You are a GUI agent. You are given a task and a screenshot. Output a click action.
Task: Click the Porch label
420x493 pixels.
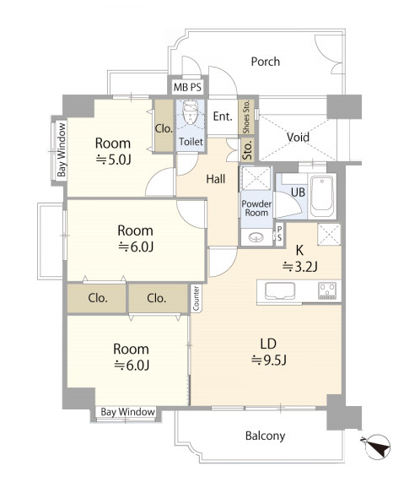265,62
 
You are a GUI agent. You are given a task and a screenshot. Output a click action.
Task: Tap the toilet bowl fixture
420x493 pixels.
190,112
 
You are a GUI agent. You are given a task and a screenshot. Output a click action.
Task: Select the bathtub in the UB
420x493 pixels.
322,196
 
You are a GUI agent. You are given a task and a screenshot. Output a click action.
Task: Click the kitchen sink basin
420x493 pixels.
280,291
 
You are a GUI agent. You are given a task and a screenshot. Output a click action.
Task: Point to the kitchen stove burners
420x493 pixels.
327,290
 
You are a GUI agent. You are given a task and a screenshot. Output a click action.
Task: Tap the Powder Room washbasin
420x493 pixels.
256,237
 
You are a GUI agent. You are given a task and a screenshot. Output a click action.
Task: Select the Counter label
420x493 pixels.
196,298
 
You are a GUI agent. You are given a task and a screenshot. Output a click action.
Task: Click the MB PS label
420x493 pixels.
187,87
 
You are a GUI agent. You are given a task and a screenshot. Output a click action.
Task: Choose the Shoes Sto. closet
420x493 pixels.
246,116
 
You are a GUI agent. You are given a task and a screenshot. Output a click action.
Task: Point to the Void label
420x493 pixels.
298,137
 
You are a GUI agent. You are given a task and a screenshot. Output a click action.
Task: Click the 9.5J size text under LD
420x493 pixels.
269,360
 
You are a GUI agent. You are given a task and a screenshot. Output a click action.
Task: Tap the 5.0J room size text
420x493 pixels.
113,160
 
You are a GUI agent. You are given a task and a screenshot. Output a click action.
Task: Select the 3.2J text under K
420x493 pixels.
300,267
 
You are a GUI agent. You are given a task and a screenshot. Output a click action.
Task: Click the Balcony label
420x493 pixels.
265,436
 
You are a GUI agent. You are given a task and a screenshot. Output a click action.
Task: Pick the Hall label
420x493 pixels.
216,179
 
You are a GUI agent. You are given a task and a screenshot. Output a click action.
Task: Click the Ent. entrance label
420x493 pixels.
223,116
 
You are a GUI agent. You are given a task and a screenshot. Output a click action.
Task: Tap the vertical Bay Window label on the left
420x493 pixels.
62,149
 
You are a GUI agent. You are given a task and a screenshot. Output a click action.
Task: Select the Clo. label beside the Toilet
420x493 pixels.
164,128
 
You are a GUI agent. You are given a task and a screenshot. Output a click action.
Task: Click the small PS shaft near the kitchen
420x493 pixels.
279,233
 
